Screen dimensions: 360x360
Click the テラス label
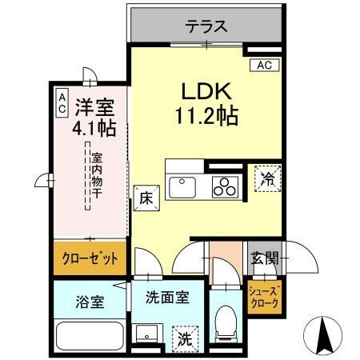pos(206,26)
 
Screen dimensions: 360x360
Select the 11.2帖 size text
pos(206,116)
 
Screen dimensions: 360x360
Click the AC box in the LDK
pos(264,66)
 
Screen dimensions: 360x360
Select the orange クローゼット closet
pos(90,258)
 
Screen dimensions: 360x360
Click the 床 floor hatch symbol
pos(146,196)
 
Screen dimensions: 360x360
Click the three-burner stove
pos(224,188)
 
